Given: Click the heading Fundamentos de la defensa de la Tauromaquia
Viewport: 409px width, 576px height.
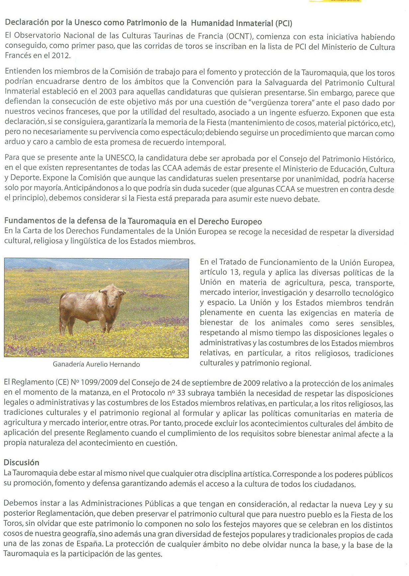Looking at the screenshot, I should [133, 221].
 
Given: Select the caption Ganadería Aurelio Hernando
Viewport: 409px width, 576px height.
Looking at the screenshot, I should [96, 364].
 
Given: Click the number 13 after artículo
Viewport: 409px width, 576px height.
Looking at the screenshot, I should [234, 272].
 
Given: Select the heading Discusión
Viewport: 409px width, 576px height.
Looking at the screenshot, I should [21, 463].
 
